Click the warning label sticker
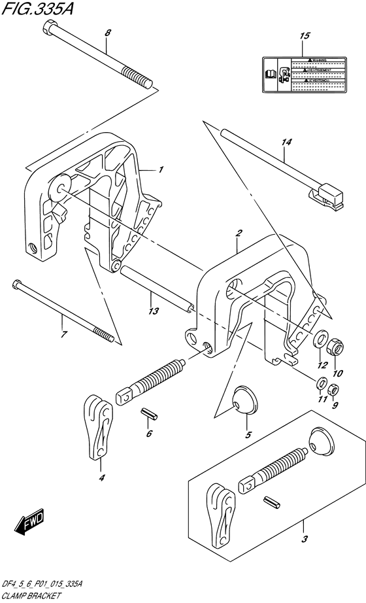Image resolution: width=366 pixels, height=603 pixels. click(303, 72)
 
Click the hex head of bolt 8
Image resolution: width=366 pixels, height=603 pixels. click(50, 27)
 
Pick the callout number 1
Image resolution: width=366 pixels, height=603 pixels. click(161, 169)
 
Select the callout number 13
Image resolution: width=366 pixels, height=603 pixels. click(154, 311)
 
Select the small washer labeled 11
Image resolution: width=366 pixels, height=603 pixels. click(320, 383)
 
